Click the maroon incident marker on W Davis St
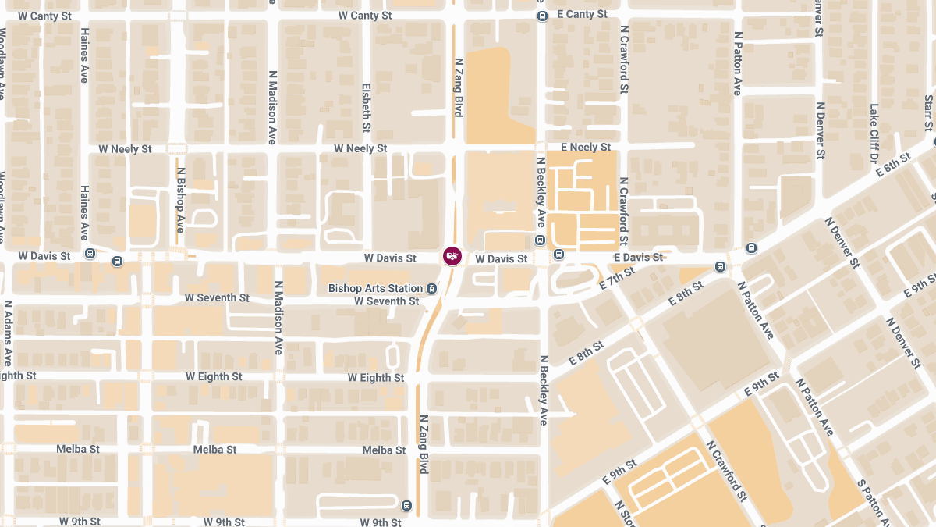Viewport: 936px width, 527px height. point(452,256)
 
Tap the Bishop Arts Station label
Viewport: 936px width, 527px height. point(375,289)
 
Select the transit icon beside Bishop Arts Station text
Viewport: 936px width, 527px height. point(431,289)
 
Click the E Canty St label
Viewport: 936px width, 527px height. point(582,15)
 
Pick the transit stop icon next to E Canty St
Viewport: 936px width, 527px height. point(542,16)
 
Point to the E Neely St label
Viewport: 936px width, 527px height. point(585,148)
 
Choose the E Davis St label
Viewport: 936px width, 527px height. point(638,258)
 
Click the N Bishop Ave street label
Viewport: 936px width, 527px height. point(180,199)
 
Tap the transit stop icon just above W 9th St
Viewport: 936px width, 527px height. point(406,504)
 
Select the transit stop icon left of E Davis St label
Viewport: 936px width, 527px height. point(558,255)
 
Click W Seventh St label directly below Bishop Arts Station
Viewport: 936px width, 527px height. point(386,301)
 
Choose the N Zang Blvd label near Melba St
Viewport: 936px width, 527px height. point(424,443)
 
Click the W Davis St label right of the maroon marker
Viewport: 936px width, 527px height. point(502,258)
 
